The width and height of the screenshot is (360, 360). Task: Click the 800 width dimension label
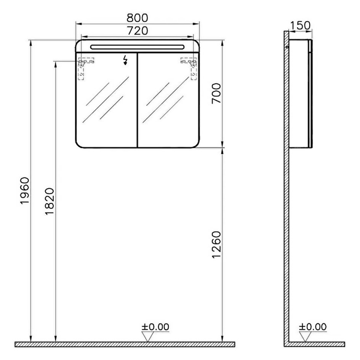[138, 18]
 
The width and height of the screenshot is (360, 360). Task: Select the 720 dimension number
[138, 31]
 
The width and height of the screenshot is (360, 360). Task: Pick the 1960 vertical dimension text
[24, 190]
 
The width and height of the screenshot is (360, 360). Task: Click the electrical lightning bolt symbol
[126, 60]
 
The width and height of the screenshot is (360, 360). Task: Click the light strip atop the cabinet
[138, 47]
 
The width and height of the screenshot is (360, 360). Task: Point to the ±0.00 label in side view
[313, 326]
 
